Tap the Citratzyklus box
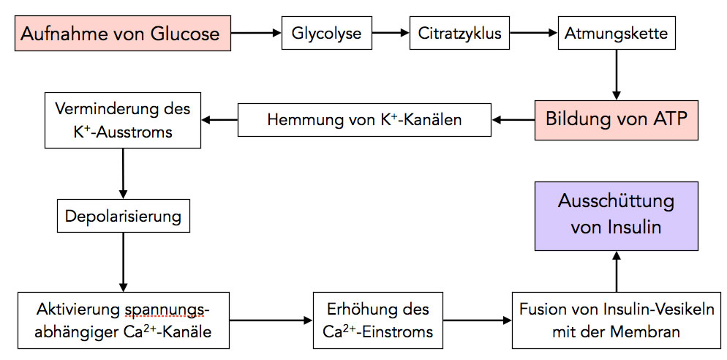[x=461, y=33]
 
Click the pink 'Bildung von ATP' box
[x=617, y=119]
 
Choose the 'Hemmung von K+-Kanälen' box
[x=364, y=119]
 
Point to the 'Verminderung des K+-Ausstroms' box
[x=122, y=119]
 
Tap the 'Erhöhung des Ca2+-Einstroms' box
[x=377, y=320]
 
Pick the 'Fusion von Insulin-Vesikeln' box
[x=617, y=320]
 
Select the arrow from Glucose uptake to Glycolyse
[x=256, y=33]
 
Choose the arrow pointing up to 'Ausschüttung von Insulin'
[x=617, y=270]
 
